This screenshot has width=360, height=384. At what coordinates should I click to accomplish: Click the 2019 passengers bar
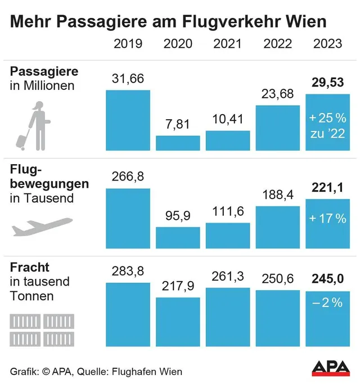[128, 120]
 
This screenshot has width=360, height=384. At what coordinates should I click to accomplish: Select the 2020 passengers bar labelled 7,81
[178, 143]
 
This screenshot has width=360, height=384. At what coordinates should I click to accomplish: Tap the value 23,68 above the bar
[277, 94]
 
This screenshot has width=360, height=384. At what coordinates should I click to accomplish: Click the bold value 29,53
[327, 83]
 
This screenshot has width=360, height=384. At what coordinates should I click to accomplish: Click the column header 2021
[228, 43]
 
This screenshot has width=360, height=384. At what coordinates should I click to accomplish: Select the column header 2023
[327, 43]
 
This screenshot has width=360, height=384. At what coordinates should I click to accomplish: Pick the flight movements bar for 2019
[128, 218]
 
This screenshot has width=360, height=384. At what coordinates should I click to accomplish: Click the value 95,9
[178, 215]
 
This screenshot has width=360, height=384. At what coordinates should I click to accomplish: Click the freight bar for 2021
[228, 317]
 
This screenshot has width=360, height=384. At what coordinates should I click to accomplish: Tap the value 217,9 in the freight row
[178, 286]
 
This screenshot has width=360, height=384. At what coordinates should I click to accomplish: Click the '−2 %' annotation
[327, 302]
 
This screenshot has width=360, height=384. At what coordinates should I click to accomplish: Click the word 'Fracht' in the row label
[29, 267]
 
